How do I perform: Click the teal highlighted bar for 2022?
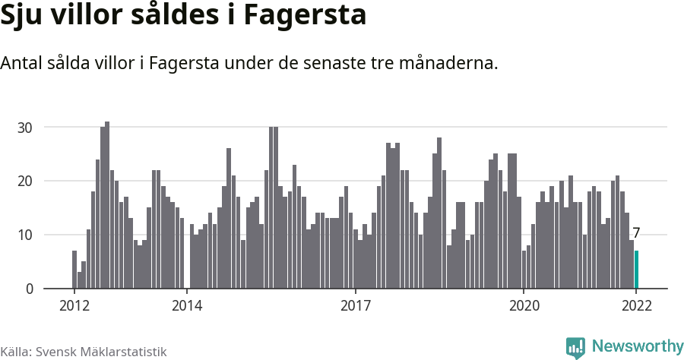[x=637, y=270]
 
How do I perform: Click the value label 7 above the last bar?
[x=636, y=234]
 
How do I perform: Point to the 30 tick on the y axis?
[x=25, y=128]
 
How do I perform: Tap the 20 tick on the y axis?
[x=25, y=182]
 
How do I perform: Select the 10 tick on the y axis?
[x=25, y=235]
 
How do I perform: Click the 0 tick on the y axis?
[x=29, y=289]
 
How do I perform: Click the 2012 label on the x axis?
[x=74, y=306]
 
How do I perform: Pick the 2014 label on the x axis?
[x=187, y=306]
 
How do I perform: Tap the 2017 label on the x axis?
[x=356, y=306]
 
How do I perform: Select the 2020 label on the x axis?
[x=524, y=306]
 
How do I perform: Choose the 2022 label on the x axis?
[x=636, y=306]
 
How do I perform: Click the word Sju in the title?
[x=22, y=17]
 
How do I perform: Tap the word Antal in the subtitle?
[x=22, y=63]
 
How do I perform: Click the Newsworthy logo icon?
[x=575, y=347]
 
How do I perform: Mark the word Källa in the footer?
[x=16, y=352]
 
